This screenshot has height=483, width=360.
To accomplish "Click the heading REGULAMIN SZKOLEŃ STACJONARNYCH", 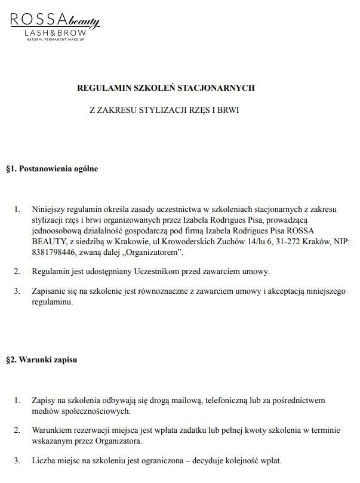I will pos(166,88).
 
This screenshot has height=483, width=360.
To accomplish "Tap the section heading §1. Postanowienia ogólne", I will pos(51,169).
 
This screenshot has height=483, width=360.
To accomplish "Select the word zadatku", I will pos(186,430).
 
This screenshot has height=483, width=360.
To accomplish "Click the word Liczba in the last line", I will pos(44,461).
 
